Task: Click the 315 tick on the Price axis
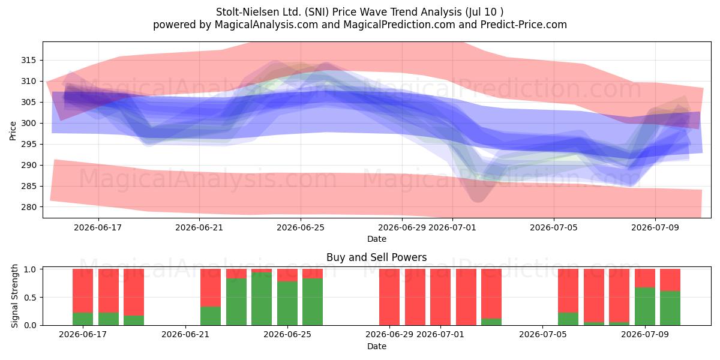pyautogui.click(x=29, y=61)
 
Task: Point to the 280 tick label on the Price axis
pyautogui.click(x=29, y=208)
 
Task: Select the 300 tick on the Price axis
pyautogui.click(x=29, y=124)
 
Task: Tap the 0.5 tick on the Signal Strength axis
pyautogui.click(x=30, y=298)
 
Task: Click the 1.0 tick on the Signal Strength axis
pyautogui.click(x=30, y=269)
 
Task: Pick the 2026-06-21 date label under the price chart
pyautogui.click(x=199, y=227)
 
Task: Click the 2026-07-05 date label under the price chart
pyautogui.click(x=554, y=227)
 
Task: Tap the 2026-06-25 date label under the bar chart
pyautogui.click(x=287, y=334)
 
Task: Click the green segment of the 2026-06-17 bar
pyautogui.click(x=83, y=319)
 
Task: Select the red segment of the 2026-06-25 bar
pyautogui.click(x=287, y=275)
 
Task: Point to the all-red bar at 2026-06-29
pyautogui.click(x=389, y=297)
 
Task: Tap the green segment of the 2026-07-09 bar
pyautogui.click(x=645, y=307)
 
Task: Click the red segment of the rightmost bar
pyautogui.click(x=670, y=280)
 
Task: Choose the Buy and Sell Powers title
pyautogui.click(x=377, y=257)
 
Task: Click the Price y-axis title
pyautogui.click(x=13, y=131)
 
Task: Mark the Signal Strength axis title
pyautogui.click(x=14, y=296)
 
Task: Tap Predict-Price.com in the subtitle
pyautogui.click(x=524, y=25)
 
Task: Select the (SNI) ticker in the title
pyautogui.click(x=317, y=12)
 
